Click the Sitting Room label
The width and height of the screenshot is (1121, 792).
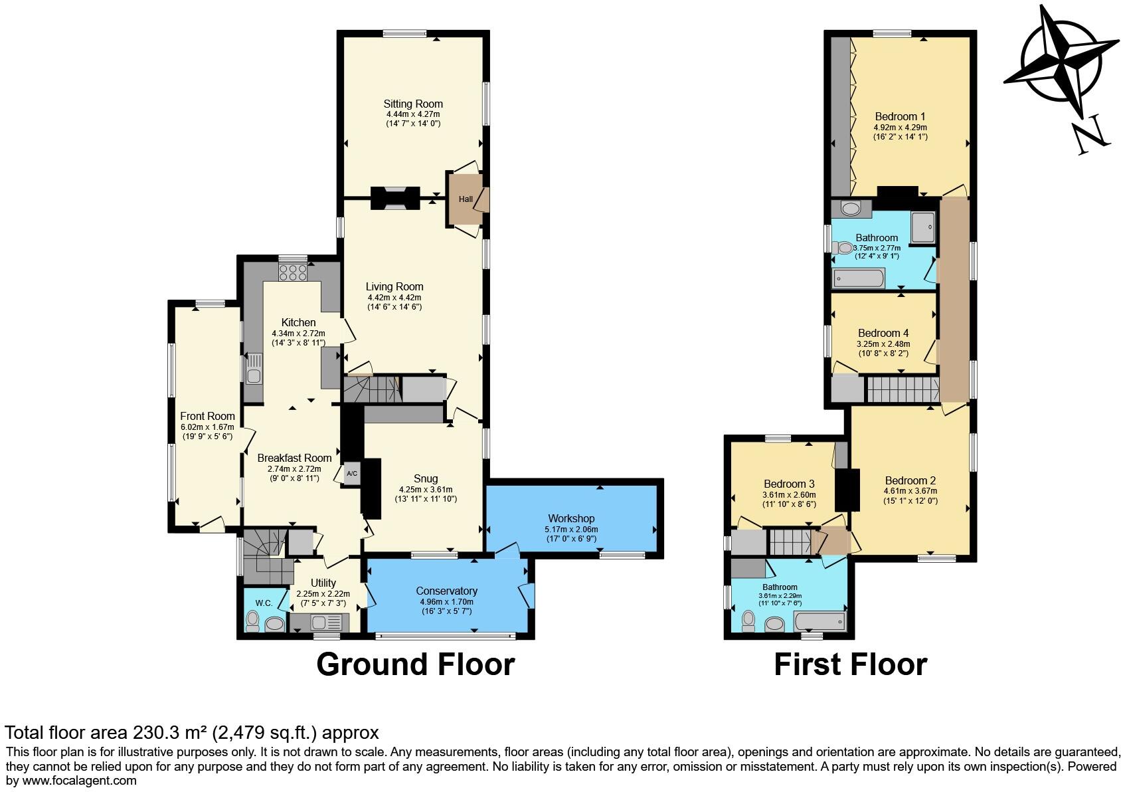412,104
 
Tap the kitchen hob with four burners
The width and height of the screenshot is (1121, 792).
293,272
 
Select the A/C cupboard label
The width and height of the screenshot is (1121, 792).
352,474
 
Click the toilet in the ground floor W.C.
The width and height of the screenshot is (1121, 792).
252,621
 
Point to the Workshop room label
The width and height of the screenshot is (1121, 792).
571,518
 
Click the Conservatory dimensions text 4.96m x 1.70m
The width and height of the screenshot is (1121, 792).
446,602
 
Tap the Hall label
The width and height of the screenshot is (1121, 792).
466,199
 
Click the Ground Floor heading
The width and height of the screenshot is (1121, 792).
415,664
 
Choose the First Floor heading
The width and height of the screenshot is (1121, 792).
850,664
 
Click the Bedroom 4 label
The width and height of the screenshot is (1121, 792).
883,333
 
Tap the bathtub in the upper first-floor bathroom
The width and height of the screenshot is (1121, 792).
858,278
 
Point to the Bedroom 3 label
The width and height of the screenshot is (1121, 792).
788,484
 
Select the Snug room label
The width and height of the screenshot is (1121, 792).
425,478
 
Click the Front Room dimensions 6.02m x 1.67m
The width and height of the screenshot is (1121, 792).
207,427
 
